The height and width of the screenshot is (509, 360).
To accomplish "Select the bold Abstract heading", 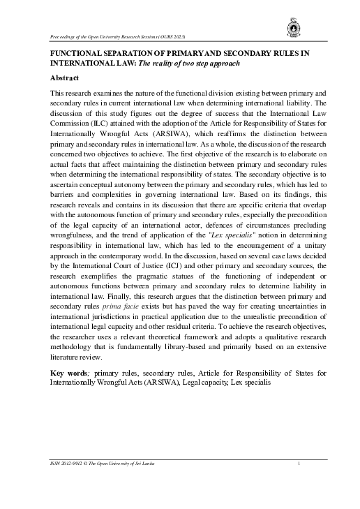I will (x=67, y=78).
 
